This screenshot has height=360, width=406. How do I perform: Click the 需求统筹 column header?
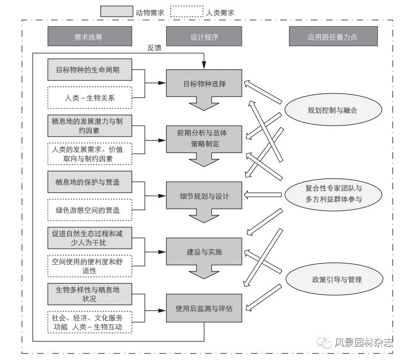(90, 36)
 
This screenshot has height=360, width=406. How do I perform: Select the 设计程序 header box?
(204, 36)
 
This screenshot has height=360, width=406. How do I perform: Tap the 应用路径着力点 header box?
(333, 36)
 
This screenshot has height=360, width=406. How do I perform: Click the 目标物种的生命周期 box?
(90, 70)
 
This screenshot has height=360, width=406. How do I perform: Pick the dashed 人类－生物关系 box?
(90, 98)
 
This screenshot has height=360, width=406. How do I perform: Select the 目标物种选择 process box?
(204, 83)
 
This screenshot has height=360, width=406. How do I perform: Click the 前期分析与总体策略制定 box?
(204, 139)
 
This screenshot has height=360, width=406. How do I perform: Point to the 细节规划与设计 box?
(204, 195)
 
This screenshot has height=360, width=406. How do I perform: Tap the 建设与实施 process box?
(204, 251)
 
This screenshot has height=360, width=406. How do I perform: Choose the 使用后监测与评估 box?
(204, 308)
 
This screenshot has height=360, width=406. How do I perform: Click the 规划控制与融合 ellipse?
(333, 110)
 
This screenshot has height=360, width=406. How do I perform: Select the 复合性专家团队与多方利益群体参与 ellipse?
(333, 194)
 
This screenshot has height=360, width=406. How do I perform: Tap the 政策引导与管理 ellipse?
(334, 279)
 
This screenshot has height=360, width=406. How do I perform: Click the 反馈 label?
(154, 48)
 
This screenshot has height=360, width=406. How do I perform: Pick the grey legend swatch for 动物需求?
(117, 11)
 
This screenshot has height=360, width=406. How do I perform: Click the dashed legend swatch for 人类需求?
(187, 11)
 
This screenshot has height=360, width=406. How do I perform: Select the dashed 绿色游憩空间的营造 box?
(90, 210)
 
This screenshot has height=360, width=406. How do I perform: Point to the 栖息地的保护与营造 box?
(90, 182)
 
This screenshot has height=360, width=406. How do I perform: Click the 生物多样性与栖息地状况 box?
(90, 294)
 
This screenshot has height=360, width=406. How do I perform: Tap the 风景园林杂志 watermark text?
(364, 343)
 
